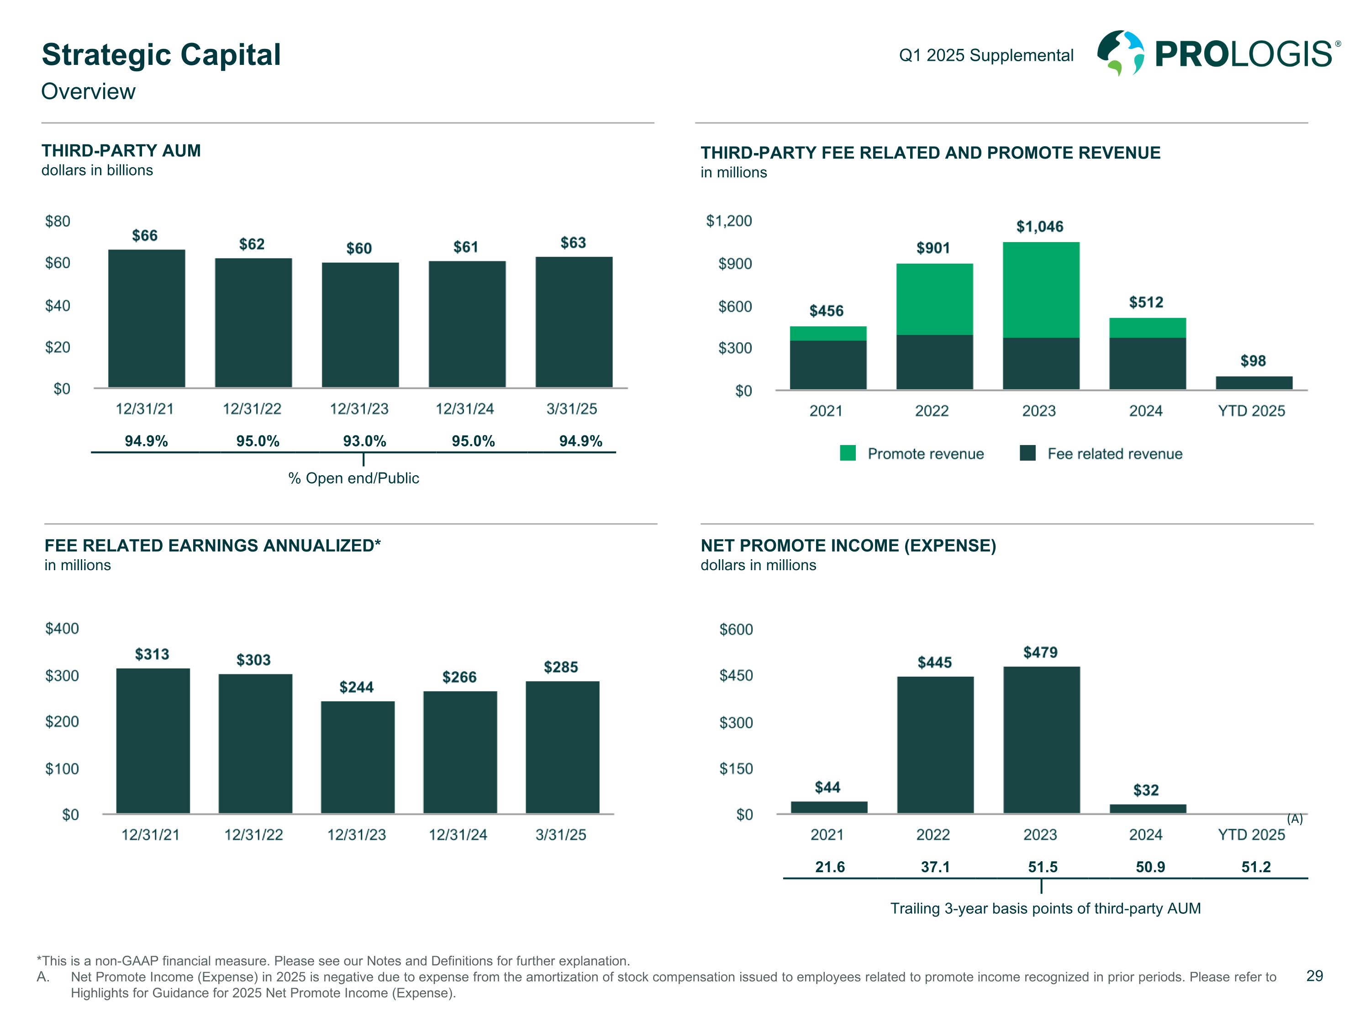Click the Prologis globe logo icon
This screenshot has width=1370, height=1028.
point(1120,53)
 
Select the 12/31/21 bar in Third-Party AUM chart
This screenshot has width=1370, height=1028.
point(146,318)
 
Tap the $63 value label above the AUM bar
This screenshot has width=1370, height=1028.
point(573,243)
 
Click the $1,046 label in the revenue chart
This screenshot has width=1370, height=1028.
point(1039,227)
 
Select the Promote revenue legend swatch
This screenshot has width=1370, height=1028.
point(847,453)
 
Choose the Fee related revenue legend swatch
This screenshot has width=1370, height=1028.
point(1027,453)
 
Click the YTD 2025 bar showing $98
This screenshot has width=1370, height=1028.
point(1254,383)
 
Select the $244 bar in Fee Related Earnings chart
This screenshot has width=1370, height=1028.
point(358,757)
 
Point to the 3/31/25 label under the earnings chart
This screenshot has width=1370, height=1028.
point(560,835)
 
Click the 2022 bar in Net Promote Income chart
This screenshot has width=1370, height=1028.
point(935,744)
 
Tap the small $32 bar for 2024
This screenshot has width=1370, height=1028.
point(1147,808)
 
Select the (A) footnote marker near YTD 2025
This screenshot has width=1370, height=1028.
point(1295,819)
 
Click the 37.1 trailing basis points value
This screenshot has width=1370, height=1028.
point(935,867)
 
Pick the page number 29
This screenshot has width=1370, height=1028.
point(1314,976)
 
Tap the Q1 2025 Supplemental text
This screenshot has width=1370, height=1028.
point(986,55)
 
